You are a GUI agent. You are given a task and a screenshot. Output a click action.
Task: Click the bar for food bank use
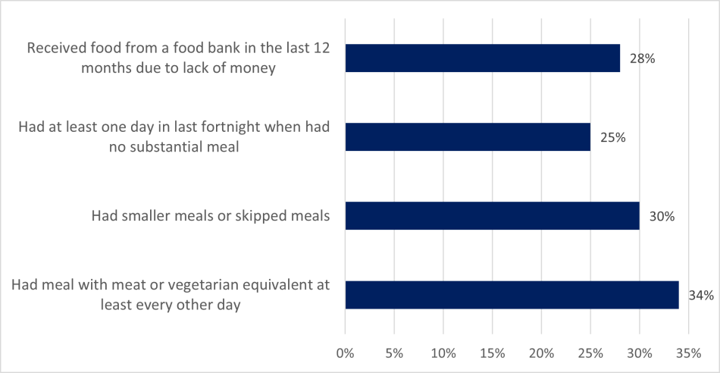pyautogui.click(x=482, y=58)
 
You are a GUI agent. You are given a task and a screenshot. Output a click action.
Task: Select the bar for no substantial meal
pyautogui.click(x=468, y=137)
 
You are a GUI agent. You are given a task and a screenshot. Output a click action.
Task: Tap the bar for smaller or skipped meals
pyautogui.click(x=492, y=216)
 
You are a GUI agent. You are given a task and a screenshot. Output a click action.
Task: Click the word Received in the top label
pyautogui.click(x=56, y=49)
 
